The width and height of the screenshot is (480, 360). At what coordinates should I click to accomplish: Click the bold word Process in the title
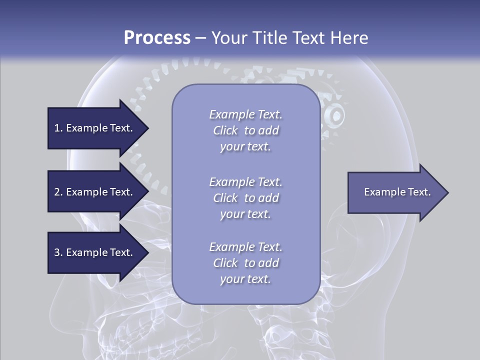coord(157,38)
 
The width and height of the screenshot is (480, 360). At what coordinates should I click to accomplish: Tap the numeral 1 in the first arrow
coord(57,128)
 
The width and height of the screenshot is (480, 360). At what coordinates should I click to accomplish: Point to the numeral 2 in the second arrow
coord(57,192)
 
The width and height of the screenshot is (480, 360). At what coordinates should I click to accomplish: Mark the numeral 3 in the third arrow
coord(57,252)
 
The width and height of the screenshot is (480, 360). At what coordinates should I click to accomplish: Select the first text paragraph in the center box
coord(245,130)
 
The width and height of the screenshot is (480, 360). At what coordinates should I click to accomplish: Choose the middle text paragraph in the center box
coord(245,198)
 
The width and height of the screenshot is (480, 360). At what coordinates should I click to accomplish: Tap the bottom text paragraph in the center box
coord(245,263)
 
